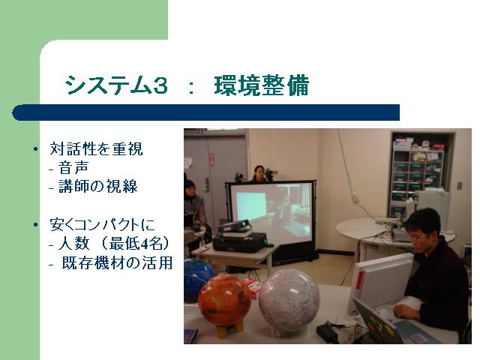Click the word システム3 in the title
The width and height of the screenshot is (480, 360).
coord(116,85)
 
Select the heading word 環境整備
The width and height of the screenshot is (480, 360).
coord(262,85)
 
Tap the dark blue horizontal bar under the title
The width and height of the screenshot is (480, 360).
coord(205,112)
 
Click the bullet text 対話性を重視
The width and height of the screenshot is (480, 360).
coord(96,149)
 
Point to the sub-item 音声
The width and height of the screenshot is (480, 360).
coord(73,168)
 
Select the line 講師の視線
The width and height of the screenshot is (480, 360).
coord(98,187)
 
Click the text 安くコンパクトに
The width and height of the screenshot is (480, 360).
coord(102,224)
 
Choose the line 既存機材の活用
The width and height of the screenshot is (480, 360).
coord(117,262)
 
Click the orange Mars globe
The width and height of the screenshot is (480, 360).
coord(224,300)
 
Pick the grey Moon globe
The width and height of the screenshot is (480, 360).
coord(289,301)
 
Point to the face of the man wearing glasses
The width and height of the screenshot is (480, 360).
coord(418,235)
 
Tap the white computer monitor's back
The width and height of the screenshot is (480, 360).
coord(381,283)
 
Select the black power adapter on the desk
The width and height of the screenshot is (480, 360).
coord(327,332)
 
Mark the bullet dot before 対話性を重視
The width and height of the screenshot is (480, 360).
coord(36,150)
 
